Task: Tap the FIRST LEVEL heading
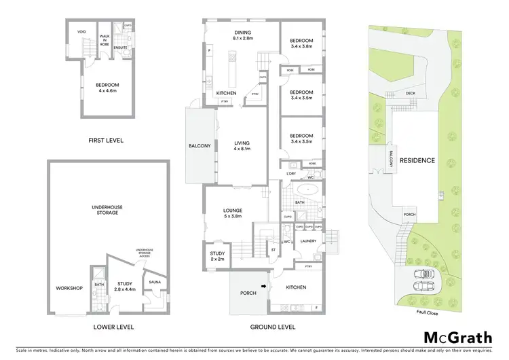tap(107, 140)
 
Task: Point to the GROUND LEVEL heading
tap(273, 327)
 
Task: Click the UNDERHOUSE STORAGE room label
tap(105, 210)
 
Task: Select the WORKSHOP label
tap(69, 288)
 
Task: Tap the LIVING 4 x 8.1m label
tap(242, 146)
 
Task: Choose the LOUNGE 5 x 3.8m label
tap(232, 213)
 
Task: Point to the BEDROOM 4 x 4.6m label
tap(107, 88)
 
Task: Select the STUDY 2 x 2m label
tap(217, 256)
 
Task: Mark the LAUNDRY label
tap(309, 240)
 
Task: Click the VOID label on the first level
tap(81, 31)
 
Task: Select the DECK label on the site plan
tap(410, 93)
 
